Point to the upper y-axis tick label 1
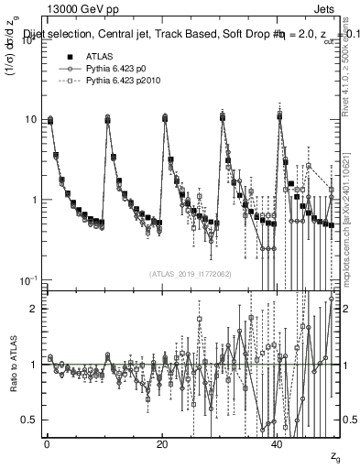click(34, 200)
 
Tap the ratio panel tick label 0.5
click(29, 420)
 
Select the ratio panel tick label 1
click(34, 365)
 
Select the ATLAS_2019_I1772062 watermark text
click(190, 274)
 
